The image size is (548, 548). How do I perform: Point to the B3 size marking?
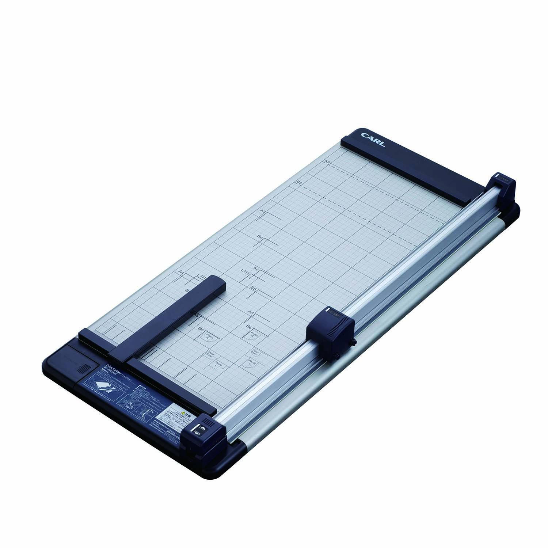click(299, 182)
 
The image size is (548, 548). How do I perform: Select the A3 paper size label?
click(263, 211)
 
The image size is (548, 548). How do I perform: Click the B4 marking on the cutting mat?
click(260, 237)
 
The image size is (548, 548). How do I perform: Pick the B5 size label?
click(253, 288)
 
